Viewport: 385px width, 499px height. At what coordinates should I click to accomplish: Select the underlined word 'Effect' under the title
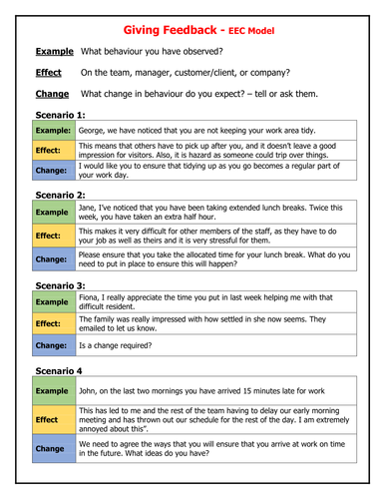coord(48,73)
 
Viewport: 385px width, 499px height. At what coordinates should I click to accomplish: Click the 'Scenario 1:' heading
coord(66,115)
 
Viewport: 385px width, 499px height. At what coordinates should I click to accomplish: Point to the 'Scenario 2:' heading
coord(66,196)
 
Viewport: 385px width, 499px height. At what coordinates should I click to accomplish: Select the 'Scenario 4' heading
coord(64,371)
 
